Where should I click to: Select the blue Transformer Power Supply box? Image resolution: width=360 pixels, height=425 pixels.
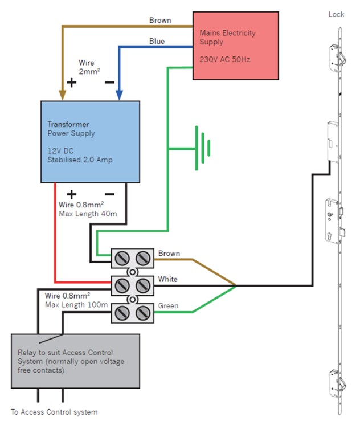[90, 141]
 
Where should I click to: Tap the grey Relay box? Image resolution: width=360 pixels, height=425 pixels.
[75, 361]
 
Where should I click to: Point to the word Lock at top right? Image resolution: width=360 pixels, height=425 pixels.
[336, 14]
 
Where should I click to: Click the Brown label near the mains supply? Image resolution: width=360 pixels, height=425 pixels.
[160, 21]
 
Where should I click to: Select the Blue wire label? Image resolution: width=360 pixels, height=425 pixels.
[157, 42]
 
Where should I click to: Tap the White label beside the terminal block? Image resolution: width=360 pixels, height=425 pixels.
[168, 279]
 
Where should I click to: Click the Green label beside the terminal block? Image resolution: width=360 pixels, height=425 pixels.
[168, 306]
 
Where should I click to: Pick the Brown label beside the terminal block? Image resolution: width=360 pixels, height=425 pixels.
[169, 252]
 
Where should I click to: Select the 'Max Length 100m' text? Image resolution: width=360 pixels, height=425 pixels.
[76, 305]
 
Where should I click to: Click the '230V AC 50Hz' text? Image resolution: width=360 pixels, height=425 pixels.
[224, 59]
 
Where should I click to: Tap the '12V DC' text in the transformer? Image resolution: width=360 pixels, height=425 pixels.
[61, 150]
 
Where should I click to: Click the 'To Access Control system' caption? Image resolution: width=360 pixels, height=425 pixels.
[54, 412]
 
